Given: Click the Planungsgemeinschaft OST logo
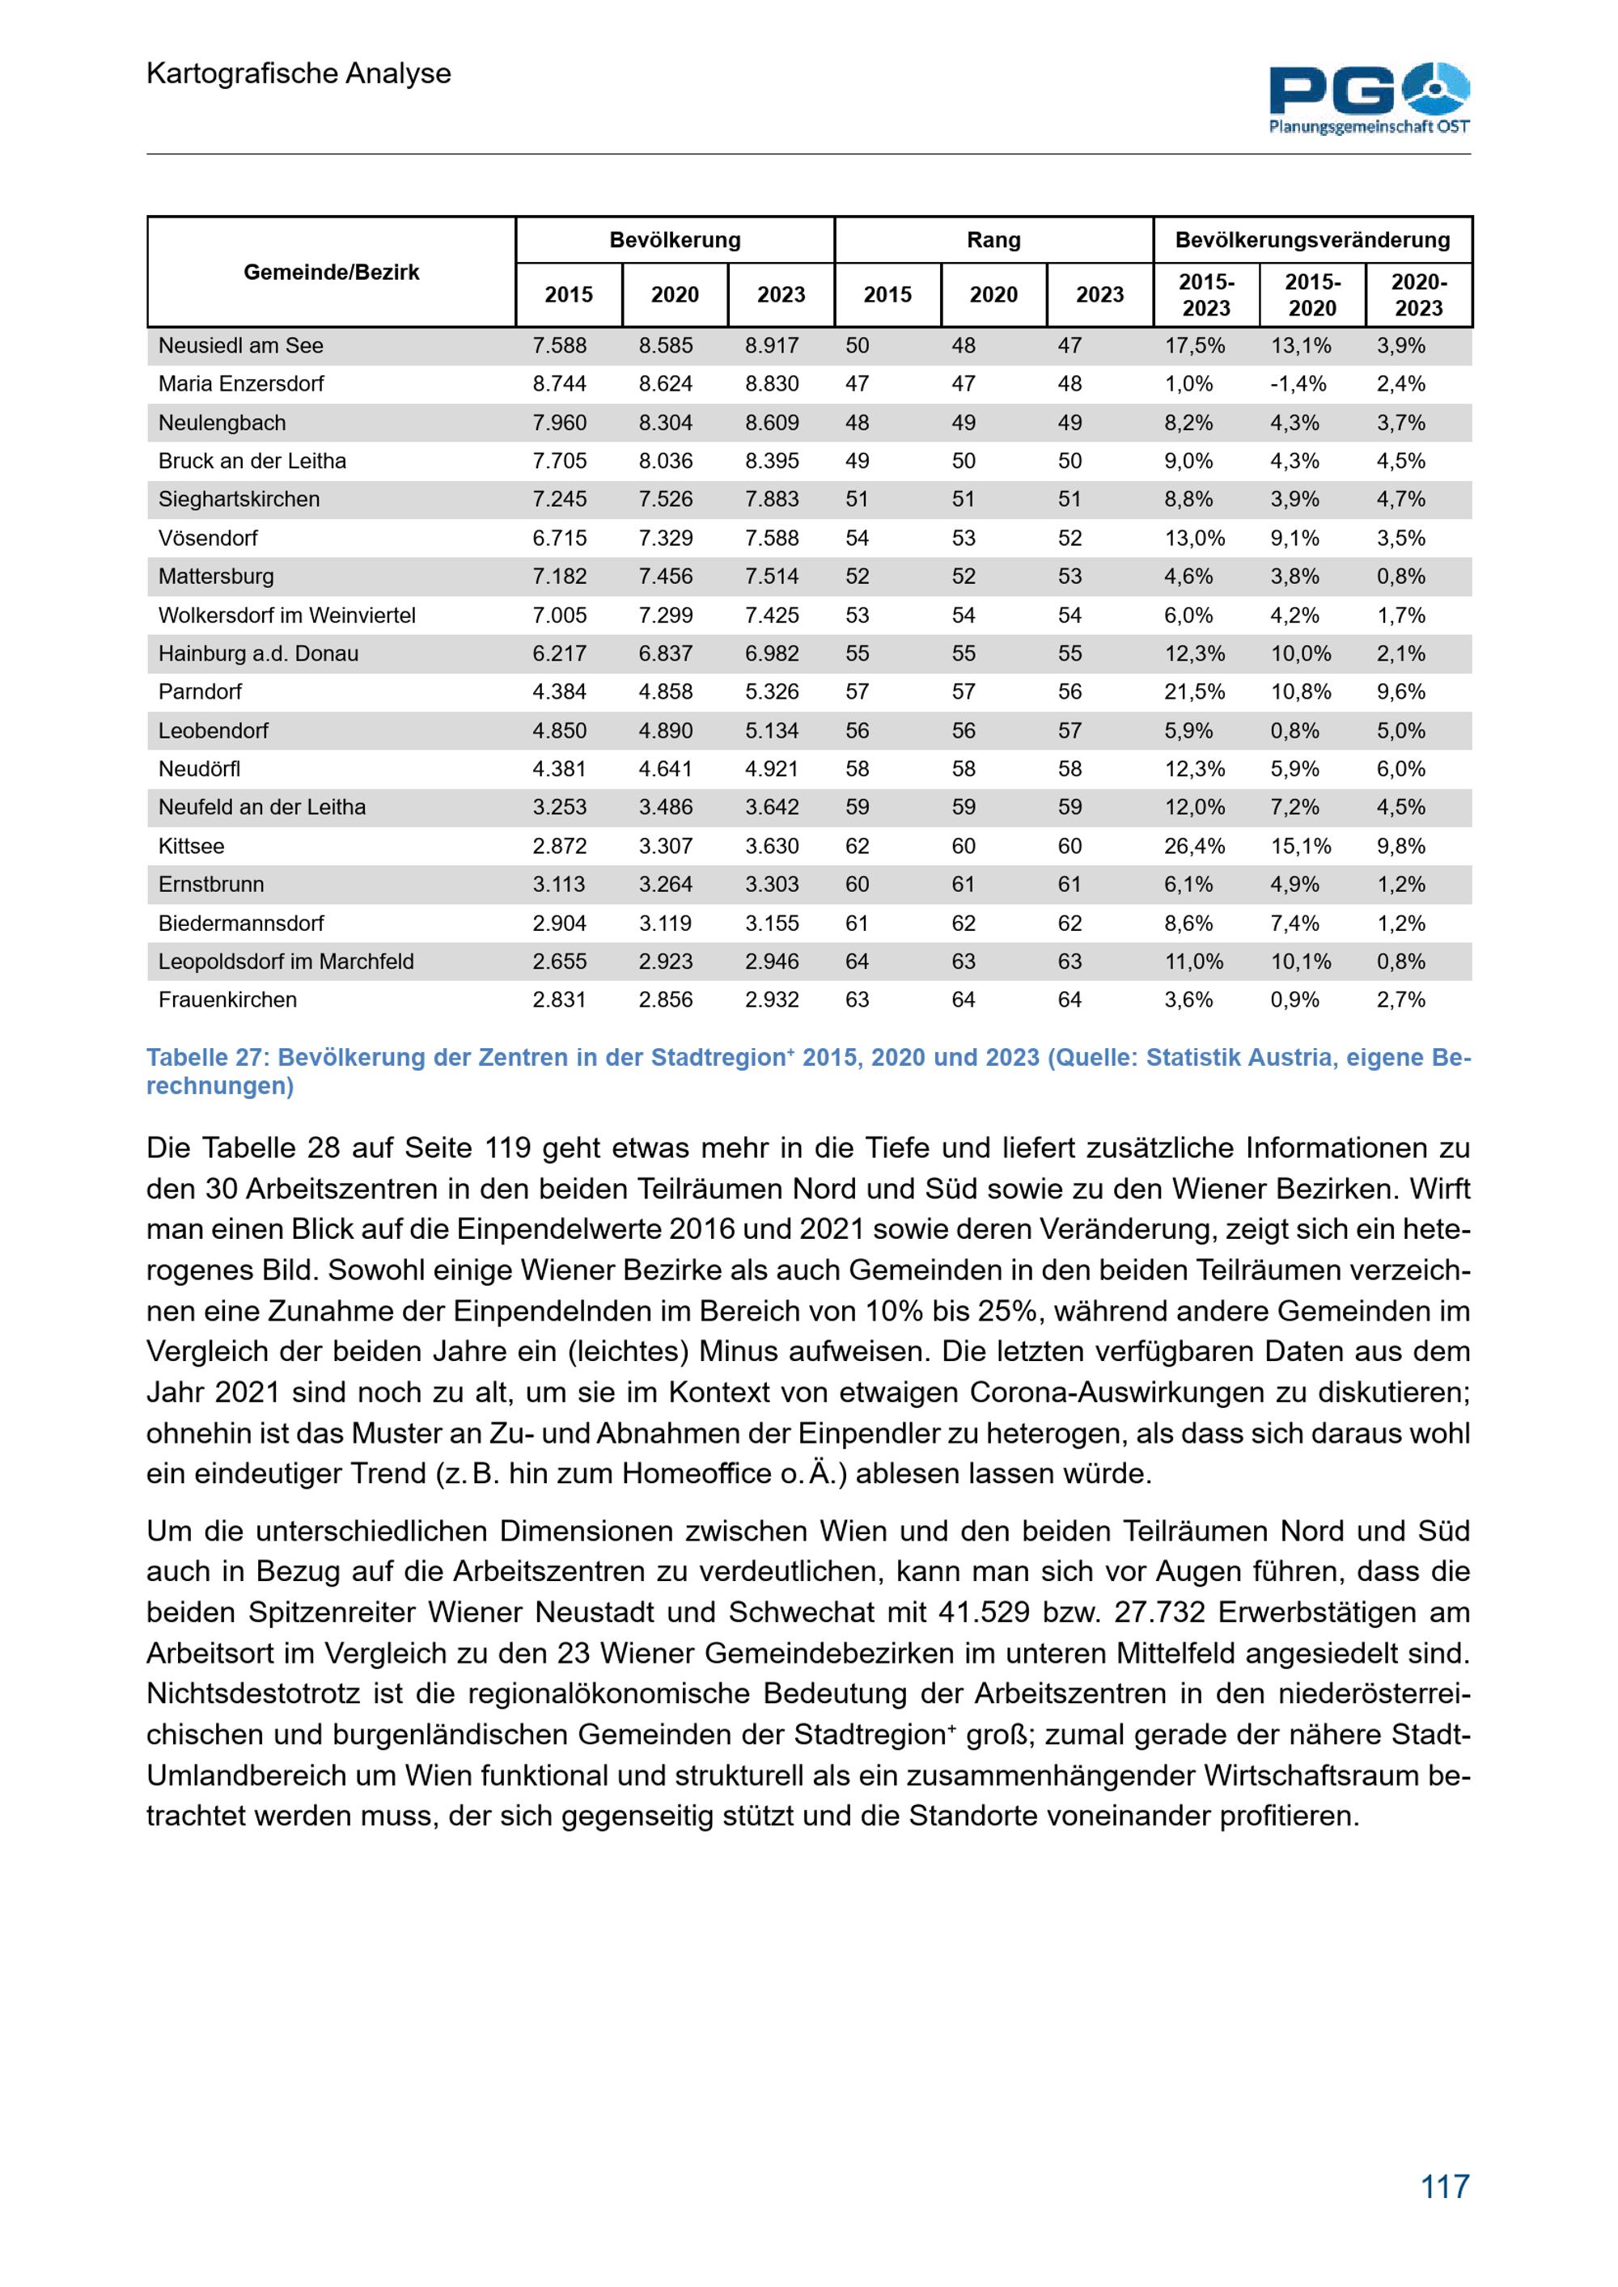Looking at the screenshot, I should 1369,98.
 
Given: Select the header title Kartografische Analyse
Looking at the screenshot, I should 298,73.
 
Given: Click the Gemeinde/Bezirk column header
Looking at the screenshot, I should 331,272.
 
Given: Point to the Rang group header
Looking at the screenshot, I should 993,240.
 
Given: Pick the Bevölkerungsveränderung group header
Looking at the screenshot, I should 1312,240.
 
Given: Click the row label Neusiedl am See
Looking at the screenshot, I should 240,345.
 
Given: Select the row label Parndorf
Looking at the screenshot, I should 199,691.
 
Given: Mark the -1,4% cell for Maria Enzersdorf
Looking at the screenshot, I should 1298,383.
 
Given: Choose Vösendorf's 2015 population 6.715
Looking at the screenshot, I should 559,538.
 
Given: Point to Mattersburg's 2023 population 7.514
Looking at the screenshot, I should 771,576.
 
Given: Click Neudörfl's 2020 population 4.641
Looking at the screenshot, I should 666,769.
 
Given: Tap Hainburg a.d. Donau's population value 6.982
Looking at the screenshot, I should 771,653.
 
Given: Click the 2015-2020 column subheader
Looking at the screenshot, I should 1312,295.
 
